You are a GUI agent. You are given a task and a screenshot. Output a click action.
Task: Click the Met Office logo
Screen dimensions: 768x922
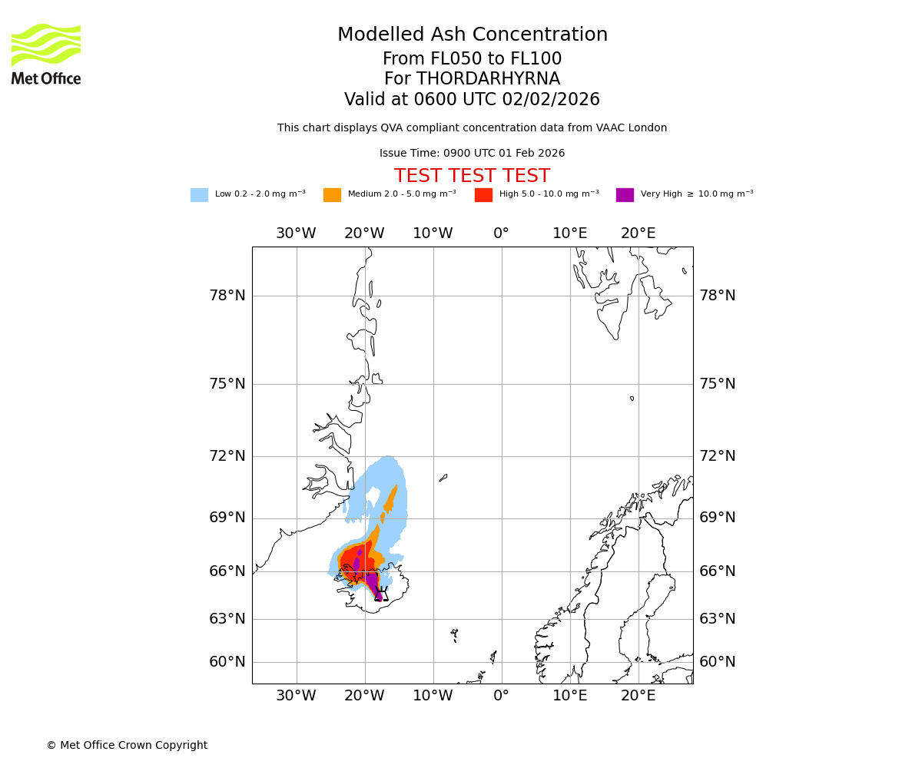[46, 54]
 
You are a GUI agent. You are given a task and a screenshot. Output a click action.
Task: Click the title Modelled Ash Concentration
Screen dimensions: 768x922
[472, 35]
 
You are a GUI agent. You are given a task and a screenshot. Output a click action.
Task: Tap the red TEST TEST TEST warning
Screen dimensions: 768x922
[472, 176]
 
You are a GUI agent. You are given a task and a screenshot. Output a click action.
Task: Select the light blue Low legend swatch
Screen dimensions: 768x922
[199, 195]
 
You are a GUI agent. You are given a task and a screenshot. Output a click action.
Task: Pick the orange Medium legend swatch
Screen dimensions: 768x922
[332, 195]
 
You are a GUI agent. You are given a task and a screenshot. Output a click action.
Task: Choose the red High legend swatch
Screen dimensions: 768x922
[483, 195]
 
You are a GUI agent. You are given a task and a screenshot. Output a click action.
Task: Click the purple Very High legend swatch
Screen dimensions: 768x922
[625, 195]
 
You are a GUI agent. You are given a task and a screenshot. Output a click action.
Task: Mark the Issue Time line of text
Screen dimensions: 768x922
[472, 154]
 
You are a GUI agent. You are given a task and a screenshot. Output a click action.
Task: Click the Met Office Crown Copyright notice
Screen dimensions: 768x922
[127, 745]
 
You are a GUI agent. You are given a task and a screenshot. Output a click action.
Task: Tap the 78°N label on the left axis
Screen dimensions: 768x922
[227, 296]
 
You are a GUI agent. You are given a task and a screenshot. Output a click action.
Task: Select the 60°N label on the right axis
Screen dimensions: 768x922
[717, 662]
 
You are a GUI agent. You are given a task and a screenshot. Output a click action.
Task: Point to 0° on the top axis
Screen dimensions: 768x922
[501, 233]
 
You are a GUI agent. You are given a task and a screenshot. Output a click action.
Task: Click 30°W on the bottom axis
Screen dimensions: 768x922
[296, 696]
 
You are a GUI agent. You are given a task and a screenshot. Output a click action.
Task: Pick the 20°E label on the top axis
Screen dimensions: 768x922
[638, 233]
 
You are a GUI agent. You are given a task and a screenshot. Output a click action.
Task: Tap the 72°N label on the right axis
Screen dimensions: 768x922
[717, 456]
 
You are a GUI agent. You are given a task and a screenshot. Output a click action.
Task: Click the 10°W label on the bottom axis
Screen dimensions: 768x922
[433, 696]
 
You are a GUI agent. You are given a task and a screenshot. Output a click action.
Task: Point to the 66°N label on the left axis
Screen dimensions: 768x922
[227, 571]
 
